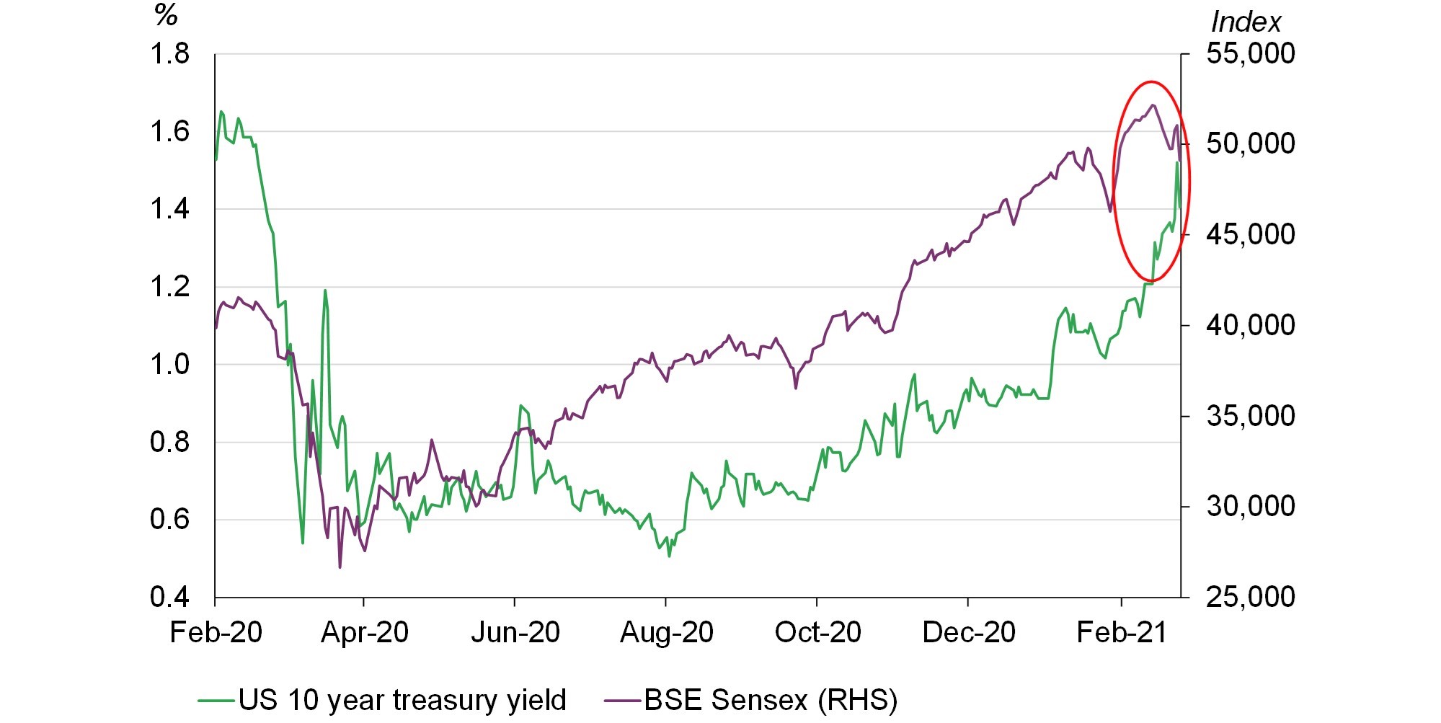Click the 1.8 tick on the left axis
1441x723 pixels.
[x=169, y=54]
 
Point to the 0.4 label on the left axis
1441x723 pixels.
[x=169, y=597]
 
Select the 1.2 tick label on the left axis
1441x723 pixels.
[x=169, y=287]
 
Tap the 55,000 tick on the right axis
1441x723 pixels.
[x=1250, y=54]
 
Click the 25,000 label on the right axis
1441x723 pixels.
[x=1250, y=597]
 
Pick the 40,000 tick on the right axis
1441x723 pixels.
[x=1250, y=325]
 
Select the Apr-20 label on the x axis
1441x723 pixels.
[x=364, y=633]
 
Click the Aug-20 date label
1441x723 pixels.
[x=666, y=633]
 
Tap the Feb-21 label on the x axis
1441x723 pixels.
[x=1121, y=633]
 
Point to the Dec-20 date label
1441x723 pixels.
[x=968, y=633]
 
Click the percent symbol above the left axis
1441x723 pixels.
[x=166, y=15]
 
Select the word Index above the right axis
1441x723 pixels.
[x=1246, y=22]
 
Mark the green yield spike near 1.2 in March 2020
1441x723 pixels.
[x=325, y=290]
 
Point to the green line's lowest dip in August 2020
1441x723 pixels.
[x=669, y=556]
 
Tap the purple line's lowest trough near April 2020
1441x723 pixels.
[x=340, y=567]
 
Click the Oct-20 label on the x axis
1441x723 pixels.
[x=817, y=633]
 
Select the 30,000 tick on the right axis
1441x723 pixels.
[x=1250, y=506]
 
